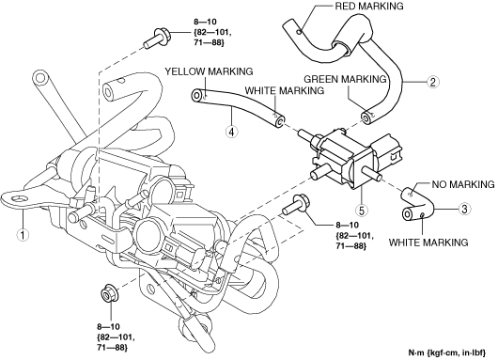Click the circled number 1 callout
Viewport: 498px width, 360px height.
pos(23,235)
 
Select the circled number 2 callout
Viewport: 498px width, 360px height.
pos(432,82)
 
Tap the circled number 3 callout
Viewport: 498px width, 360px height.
pos(464,209)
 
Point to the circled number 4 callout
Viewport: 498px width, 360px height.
pos(232,132)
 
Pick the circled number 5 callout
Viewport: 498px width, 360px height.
pos(362,210)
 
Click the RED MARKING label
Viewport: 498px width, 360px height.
pos(369,6)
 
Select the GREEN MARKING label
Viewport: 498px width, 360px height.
pos(345,79)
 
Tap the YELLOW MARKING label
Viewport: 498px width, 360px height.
pos(209,71)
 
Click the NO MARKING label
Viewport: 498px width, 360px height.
pos(463,184)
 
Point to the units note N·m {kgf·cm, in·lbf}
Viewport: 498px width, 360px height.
pos(447,352)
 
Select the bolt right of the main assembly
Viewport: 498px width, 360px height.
pos(295,205)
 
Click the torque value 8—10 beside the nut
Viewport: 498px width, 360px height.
pos(108,327)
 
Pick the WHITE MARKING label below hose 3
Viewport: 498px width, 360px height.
pos(428,243)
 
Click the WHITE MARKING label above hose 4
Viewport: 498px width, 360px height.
pos(285,90)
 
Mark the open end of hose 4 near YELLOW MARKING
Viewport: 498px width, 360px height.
pos(197,96)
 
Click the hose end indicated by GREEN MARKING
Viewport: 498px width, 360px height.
pos(366,117)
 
